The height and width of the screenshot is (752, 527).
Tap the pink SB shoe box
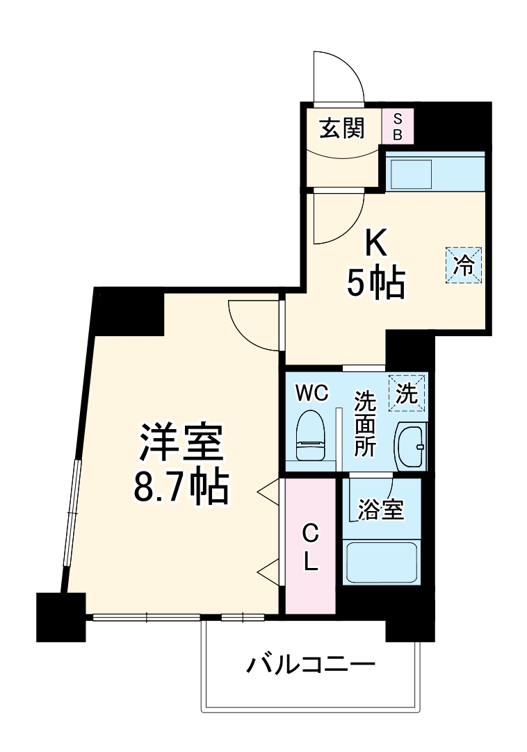(x=398, y=127)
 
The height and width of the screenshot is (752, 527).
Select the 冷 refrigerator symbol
(x=463, y=264)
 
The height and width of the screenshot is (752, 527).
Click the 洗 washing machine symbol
(x=406, y=394)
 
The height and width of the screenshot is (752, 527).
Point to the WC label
(x=311, y=394)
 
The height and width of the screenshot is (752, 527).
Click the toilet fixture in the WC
(x=311, y=437)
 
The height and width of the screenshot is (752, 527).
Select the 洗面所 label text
(x=364, y=424)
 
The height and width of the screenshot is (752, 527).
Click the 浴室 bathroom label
(x=380, y=510)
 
